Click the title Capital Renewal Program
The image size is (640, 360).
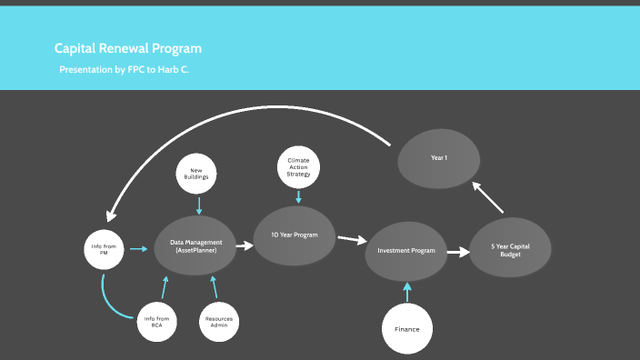click(x=128, y=48)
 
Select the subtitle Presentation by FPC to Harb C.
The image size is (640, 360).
click(x=125, y=69)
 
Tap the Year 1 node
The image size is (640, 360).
click(x=439, y=158)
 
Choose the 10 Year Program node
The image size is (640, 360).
click(x=294, y=235)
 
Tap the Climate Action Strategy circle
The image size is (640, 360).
click(x=298, y=166)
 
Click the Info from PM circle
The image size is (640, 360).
click(x=105, y=248)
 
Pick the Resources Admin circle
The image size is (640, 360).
click(x=219, y=320)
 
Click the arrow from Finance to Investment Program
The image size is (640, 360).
click(x=407, y=290)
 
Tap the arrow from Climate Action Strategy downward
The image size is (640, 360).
click(x=298, y=195)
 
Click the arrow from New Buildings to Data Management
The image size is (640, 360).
click(x=199, y=206)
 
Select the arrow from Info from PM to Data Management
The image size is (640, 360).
click(x=138, y=247)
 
